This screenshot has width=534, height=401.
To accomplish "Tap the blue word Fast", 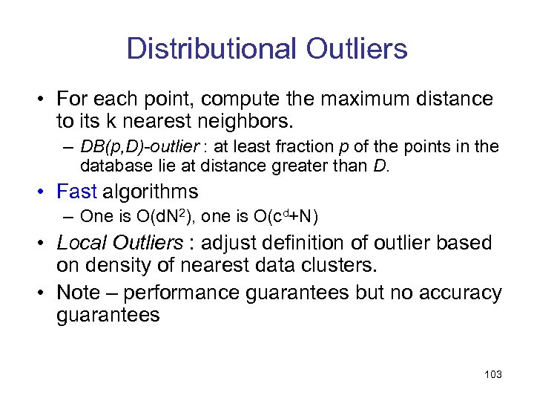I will (76, 192).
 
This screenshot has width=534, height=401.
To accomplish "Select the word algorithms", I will (151, 192).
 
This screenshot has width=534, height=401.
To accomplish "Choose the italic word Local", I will (79, 243).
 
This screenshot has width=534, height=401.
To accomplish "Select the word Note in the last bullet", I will (78, 293).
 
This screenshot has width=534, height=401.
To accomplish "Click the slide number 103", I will (492, 374).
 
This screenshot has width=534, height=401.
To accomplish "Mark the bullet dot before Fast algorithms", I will (44, 192).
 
